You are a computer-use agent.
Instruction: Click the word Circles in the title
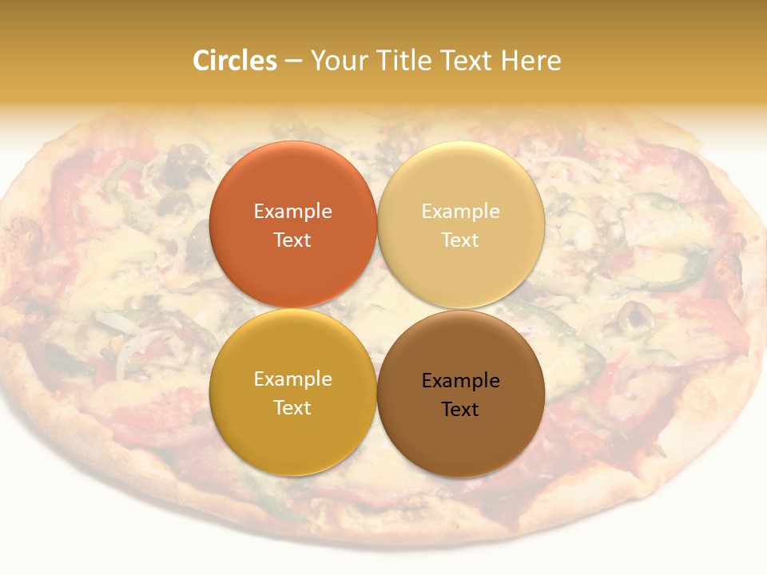pos(234,61)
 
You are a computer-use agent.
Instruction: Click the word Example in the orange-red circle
pos(292,212)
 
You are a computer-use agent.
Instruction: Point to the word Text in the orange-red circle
pos(292,240)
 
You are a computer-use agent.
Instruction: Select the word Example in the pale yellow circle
pos(461,212)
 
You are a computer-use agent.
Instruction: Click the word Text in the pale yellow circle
pos(461,240)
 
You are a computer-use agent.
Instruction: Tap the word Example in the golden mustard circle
pos(292,379)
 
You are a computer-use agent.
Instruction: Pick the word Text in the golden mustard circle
pos(292,407)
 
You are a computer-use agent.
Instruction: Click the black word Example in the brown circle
pos(461,381)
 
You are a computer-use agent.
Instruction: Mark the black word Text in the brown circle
pos(461,409)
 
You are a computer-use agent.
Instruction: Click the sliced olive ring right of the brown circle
pos(637,319)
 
